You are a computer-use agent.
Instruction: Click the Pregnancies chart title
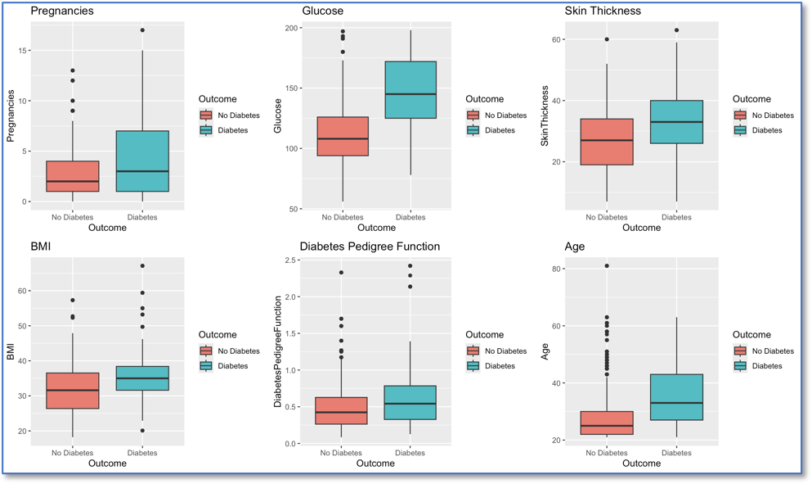tap(62, 11)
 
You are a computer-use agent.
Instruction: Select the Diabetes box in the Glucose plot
tap(410, 90)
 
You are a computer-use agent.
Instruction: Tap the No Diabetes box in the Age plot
tap(607, 423)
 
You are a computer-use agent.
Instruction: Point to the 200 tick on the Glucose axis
tap(292, 29)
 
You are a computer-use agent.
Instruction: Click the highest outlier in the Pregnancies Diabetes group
tap(142, 30)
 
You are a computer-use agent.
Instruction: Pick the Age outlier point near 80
tap(607, 266)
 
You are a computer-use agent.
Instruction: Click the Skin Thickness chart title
tap(603, 11)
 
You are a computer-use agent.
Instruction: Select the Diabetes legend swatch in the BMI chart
tap(206, 366)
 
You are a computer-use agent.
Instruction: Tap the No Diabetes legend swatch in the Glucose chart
tap(473, 115)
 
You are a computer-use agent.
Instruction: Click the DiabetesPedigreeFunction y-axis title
tap(279, 353)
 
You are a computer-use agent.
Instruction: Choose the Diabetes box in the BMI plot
tap(142, 378)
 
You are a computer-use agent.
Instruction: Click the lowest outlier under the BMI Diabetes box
tap(142, 431)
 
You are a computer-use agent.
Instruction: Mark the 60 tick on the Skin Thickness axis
tap(559, 39)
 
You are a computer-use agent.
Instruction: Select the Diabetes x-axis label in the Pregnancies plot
tap(142, 217)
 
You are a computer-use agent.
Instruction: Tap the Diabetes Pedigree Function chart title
tap(370, 247)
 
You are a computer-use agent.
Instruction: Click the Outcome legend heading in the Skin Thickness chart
tap(751, 99)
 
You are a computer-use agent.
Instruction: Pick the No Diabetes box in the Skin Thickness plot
tap(607, 142)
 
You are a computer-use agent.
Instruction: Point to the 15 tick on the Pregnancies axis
tap(25, 51)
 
